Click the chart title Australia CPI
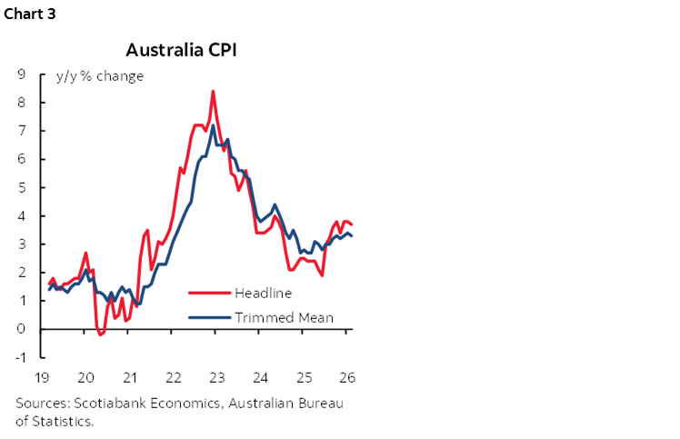[x=181, y=49]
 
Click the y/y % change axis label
[x=99, y=76]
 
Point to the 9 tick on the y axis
[x=20, y=75]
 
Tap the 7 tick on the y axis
[x=20, y=131]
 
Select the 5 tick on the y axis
[x=20, y=187]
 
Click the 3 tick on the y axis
[x=20, y=244]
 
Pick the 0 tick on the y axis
[x=20, y=329]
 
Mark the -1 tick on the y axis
[x=18, y=357]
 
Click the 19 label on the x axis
[x=43, y=377]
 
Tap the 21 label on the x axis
[x=129, y=377]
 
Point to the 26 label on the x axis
[x=345, y=377]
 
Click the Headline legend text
[x=263, y=293]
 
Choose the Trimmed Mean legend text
[x=284, y=317]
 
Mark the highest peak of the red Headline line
[x=213, y=91]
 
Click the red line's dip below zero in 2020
[x=100, y=334]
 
